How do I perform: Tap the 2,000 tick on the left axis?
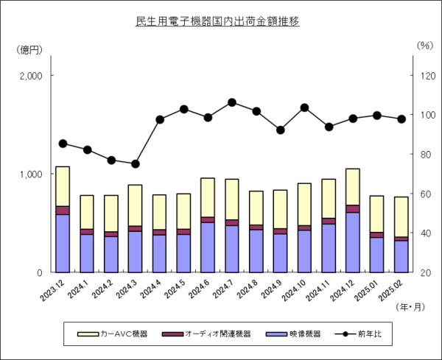click(x=32, y=76)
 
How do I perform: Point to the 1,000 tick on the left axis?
click(x=32, y=174)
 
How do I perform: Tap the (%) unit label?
click(x=425, y=45)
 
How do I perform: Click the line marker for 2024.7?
click(x=232, y=102)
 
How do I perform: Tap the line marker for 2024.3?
click(x=136, y=163)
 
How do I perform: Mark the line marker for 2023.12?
click(x=63, y=144)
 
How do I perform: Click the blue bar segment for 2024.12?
click(x=353, y=242)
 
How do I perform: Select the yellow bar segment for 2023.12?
click(x=63, y=186)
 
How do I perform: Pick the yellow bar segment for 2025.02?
click(x=401, y=216)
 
